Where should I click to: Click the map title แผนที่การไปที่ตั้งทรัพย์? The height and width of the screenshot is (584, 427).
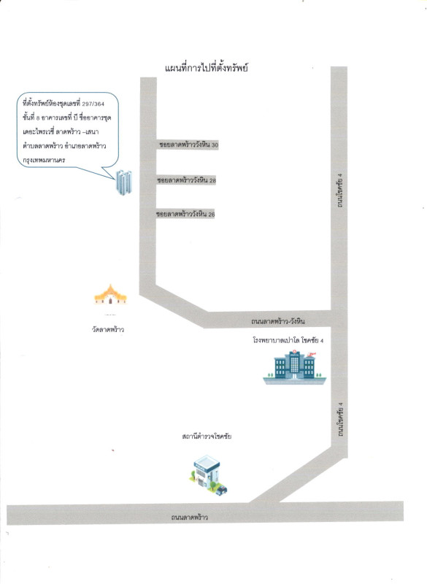(x=207, y=68)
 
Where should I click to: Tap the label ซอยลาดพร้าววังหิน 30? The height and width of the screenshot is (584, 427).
(x=188, y=145)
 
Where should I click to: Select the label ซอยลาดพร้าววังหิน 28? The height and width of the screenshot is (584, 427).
(x=187, y=180)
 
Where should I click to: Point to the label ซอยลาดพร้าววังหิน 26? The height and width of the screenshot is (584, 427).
(x=185, y=214)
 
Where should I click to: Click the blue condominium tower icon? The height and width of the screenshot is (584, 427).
(x=124, y=182)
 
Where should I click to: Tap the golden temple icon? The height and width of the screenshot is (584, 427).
(x=110, y=295)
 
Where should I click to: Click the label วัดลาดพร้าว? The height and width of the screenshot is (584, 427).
(x=108, y=329)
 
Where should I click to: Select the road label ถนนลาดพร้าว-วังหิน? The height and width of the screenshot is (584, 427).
(x=277, y=321)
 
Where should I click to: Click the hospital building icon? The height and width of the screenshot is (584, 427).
(x=294, y=367)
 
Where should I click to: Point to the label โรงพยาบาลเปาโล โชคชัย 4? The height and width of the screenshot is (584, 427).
(x=288, y=340)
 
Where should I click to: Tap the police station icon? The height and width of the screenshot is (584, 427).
(x=209, y=475)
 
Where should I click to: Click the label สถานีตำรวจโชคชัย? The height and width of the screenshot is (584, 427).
(x=207, y=436)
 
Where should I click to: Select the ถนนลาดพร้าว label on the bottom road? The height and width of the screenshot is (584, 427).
(x=190, y=517)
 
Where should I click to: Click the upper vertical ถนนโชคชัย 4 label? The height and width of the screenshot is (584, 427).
(x=339, y=191)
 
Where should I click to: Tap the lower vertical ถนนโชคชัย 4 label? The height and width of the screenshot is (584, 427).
(x=340, y=420)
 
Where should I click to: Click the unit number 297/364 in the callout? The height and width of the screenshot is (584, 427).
(x=93, y=104)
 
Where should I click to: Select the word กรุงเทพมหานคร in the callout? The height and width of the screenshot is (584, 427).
(x=44, y=160)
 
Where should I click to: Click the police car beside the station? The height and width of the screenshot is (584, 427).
(x=221, y=490)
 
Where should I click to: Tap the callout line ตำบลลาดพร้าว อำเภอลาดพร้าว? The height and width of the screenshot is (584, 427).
(x=64, y=146)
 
